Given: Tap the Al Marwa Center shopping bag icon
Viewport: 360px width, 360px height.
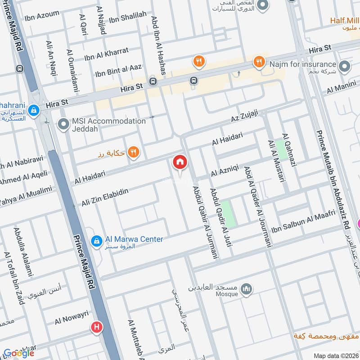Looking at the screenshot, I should (96, 242).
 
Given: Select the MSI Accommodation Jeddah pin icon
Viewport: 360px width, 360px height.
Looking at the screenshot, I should (65, 125).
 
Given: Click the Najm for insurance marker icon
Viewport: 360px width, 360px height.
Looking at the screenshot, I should (345, 67).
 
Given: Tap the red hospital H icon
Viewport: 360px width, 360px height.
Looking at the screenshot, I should (96, 328).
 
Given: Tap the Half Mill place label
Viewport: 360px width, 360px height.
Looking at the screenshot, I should (344, 20).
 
